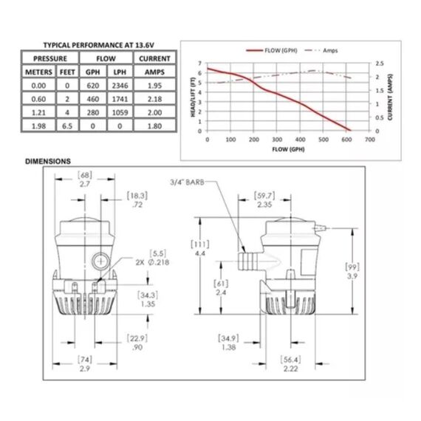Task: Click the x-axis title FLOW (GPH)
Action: [288, 148]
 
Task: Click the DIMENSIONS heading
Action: [47, 160]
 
